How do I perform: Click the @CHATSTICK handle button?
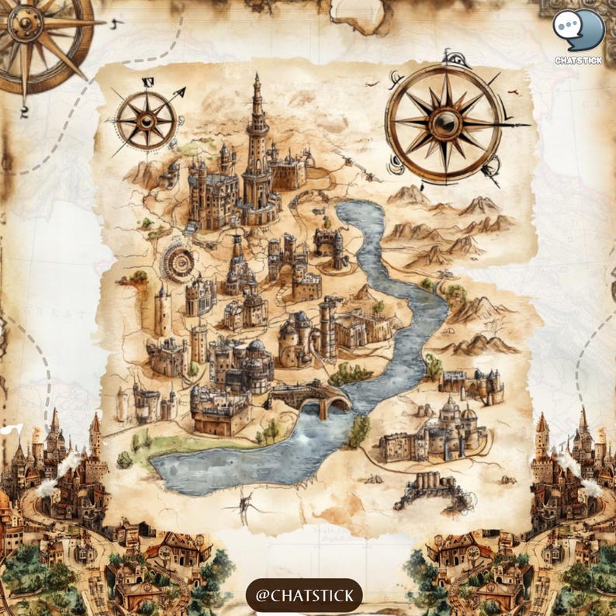304,596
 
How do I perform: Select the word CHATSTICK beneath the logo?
578,61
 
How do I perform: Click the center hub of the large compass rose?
445,122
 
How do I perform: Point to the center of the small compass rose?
145,121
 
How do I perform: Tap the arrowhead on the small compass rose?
180,93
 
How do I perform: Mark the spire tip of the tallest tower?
257,77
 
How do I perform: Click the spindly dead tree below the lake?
245,508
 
